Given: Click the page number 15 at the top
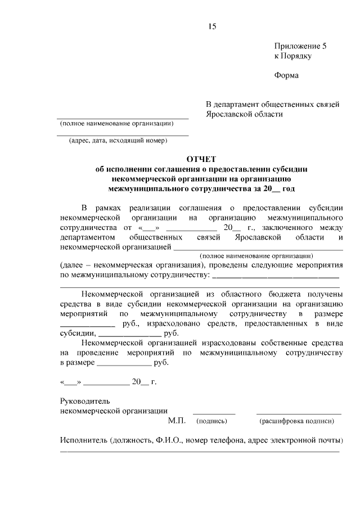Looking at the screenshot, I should coord(211,26).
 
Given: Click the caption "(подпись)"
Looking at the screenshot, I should coord(211,421).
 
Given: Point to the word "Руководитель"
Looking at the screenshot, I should coord(85,401).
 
